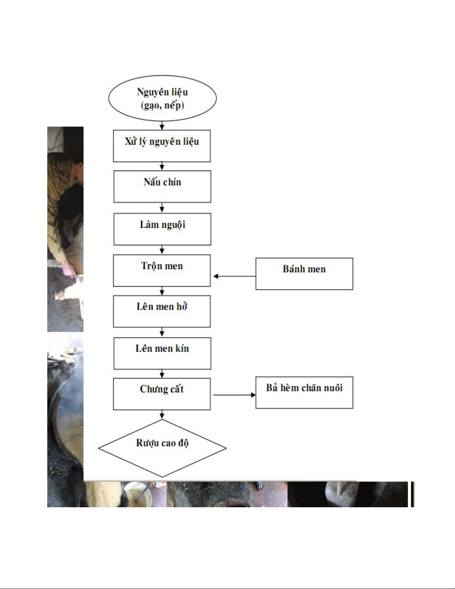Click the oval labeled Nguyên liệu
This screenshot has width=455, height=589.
(162, 98)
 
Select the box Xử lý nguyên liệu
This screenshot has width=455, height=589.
(162, 146)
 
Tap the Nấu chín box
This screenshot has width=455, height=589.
(162, 187)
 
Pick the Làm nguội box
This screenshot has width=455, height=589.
(162, 229)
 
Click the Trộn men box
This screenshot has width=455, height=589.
(162, 270)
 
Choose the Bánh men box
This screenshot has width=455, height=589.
(304, 274)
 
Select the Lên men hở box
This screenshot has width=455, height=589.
(162, 311)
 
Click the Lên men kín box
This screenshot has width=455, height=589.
(162, 353)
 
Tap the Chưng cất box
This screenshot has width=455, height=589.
(162, 394)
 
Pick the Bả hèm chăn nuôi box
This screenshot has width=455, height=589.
(304, 392)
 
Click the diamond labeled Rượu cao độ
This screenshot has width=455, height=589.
(162, 448)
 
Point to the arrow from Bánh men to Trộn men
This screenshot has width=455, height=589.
(234, 276)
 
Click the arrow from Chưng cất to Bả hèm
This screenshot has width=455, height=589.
(234, 395)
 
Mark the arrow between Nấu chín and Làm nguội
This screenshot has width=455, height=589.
(162, 208)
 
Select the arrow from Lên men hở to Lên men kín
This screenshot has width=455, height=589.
(162, 332)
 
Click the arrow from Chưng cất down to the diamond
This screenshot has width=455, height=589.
(162, 415)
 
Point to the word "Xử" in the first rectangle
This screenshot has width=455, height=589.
(130, 141)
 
